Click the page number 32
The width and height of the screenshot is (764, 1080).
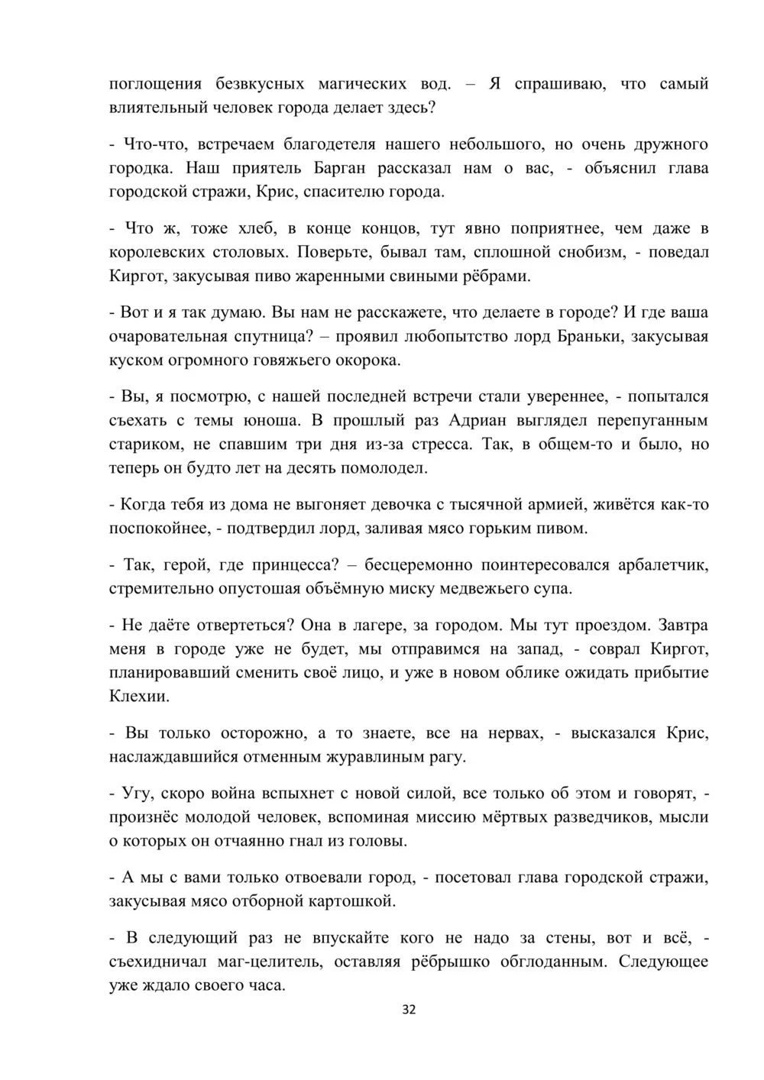pos(409,1010)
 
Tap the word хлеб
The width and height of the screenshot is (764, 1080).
pos(256,228)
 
